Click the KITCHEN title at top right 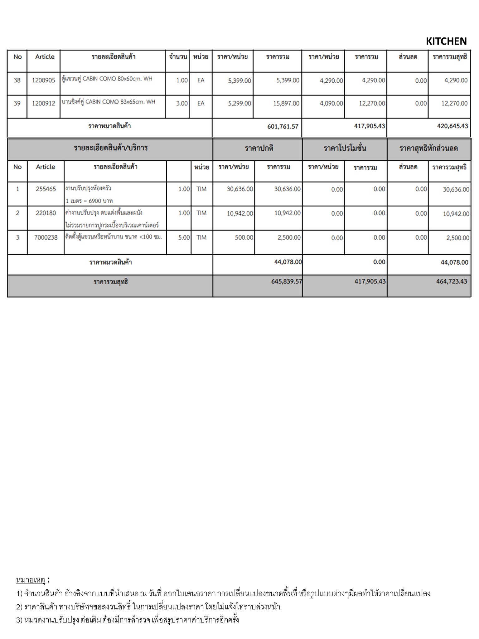(x=446, y=41)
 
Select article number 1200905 (x=43, y=80)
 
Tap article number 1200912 (x=43, y=103)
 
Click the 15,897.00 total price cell (x=286, y=103)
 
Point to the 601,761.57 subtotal (x=283, y=126)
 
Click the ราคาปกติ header (x=259, y=148)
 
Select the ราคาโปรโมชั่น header (x=345, y=148)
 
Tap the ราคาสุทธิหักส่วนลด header (x=428, y=148)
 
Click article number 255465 (x=46, y=189)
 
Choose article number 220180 (x=46, y=213)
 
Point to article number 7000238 (x=46, y=237)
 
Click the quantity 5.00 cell (x=184, y=237)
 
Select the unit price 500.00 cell (x=244, y=237)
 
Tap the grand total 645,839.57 (x=287, y=281)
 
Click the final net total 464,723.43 (x=452, y=281)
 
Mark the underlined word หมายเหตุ (x=31, y=580)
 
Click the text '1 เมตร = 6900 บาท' (x=89, y=201)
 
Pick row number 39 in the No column (x=17, y=103)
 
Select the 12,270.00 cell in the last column (x=454, y=103)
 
